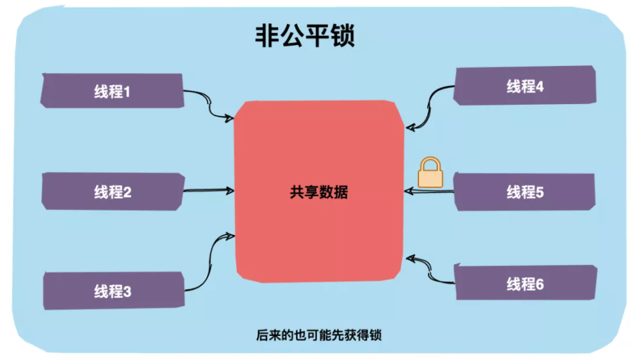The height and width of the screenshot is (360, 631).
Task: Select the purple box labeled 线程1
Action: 112,91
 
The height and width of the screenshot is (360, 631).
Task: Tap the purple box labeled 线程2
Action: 112,192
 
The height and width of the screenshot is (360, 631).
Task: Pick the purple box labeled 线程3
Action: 113,291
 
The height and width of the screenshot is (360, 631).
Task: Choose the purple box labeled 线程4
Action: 524,86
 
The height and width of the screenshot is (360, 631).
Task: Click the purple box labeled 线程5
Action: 524,191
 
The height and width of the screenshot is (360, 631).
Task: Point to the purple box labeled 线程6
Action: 525,284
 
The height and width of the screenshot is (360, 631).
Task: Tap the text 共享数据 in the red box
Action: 319,192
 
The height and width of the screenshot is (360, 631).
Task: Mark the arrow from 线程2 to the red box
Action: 208,189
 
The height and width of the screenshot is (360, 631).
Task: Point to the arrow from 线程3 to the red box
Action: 206,260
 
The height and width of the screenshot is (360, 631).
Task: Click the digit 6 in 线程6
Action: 540,284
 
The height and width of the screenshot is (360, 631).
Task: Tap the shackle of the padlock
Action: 430,163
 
